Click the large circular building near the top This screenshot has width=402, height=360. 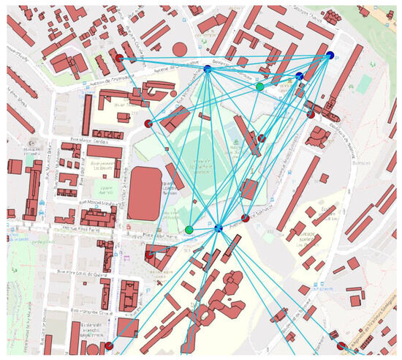(x=180, y=49)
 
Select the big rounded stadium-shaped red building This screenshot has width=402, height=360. (x=142, y=193)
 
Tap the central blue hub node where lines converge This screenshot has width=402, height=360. (x=218, y=229)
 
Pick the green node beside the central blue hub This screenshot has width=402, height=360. (x=189, y=230)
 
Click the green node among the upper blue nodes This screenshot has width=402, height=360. (x=259, y=86)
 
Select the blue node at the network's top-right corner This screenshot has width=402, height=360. (x=329, y=56)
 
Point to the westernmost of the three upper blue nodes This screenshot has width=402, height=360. (x=208, y=69)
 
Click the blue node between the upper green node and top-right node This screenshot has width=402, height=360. (x=299, y=76)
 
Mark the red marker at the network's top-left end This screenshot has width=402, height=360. (x=120, y=57)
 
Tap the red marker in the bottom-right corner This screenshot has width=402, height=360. (x=341, y=345)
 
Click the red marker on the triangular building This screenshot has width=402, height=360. (x=149, y=255)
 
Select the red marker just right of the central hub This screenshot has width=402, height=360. (x=246, y=218)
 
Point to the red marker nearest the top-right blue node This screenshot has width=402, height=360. (x=311, y=114)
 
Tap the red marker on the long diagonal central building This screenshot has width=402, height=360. (x=261, y=137)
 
